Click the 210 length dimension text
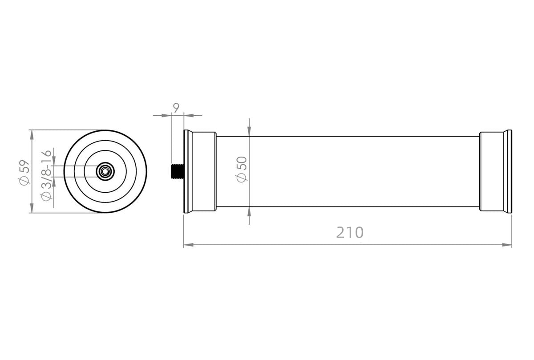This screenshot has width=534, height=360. pos(350,232)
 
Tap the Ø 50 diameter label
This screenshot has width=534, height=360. pos(241,169)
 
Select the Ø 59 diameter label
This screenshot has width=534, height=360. pos(24,173)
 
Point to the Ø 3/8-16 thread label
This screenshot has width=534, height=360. pos(46,175)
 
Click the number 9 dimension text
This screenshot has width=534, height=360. pos(176,108)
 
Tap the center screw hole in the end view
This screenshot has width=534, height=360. pos(105,171)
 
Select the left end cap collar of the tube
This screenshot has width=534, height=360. pos(204,171)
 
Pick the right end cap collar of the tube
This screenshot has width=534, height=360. pos(492,171)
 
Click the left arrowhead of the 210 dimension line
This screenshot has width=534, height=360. pos(188,245)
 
